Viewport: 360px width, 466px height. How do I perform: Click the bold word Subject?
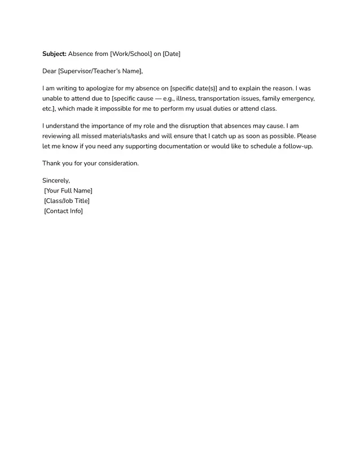tap(54, 54)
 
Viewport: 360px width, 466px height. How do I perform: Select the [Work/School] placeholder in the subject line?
tap(131, 54)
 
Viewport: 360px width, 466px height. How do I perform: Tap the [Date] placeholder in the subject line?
tap(172, 54)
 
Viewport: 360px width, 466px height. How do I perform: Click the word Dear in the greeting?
tap(50, 71)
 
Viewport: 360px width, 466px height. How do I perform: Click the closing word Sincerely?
tap(56, 181)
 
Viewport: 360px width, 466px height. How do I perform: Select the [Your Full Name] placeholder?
tap(68, 191)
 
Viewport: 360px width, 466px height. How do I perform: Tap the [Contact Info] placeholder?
tap(63, 211)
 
